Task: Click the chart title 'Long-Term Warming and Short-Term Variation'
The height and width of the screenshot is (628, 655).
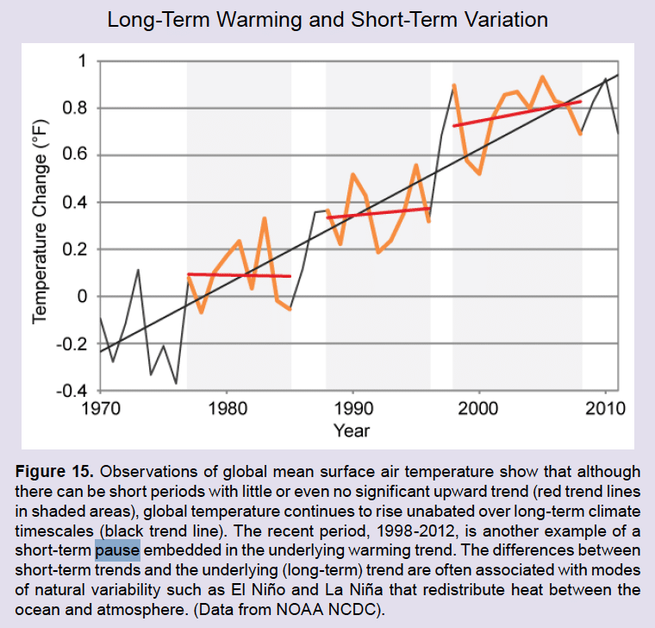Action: click(327, 20)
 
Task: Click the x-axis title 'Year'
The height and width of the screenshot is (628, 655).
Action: click(352, 430)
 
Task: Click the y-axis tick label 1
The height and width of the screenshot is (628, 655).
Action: click(83, 61)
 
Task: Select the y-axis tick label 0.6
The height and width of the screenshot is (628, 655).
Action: click(76, 155)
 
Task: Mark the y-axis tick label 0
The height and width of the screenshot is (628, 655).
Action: click(83, 297)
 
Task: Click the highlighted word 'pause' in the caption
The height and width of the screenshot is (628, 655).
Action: click(117, 550)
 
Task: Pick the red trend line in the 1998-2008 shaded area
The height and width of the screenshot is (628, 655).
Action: click(517, 113)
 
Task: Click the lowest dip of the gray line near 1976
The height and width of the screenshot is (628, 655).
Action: click(176, 383)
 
